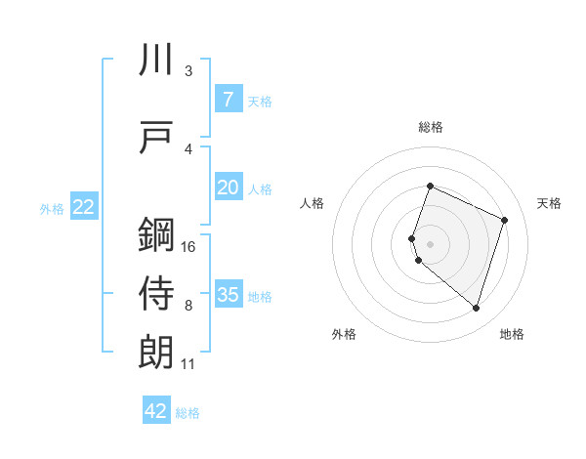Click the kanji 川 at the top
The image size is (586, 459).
(x=156, y=61)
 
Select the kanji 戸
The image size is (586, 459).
(x=156, y=138)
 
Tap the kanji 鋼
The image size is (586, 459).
(x=156, y=235)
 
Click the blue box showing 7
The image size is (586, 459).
(x=228, y=100)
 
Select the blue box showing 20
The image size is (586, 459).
(x=228, y=188)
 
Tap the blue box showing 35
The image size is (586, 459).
(x=228, y=295)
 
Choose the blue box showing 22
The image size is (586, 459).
(x=84, y=207)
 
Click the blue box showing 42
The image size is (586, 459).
(x=156, y=411)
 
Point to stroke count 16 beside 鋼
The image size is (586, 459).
(x=188, y=247)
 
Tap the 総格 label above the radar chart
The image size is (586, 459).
(x=431, y=127)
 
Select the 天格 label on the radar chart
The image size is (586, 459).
(x=550, y=203)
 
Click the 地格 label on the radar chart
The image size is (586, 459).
(x=512, y=334)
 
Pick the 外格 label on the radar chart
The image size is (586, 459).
(x=344, y=334)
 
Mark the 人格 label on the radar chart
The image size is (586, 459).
(x=312, y=203)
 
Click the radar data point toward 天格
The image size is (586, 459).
(x=505, y=220)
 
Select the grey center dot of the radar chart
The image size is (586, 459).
(x=431, y=243)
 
